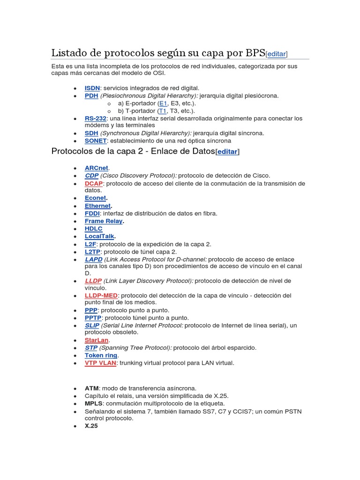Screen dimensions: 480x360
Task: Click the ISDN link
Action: tap(92, 88)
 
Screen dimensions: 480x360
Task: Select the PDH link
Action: tap(91, 96)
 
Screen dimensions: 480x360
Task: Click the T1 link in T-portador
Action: tap(163, 111)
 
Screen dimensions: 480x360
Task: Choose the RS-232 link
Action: tap(96, 119)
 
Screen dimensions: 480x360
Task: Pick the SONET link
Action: tap(96, 141)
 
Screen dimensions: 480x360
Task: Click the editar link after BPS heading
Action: tap(277, 54)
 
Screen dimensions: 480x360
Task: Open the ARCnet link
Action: tap(97, 168)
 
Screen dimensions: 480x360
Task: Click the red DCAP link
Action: tap(93, 183)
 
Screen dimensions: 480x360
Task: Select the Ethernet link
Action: tap(97, 206)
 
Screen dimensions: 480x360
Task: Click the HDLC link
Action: tap(93, 229)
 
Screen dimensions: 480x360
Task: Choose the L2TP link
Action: tap(93, 252)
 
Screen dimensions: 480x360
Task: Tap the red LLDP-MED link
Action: tap(101, 296)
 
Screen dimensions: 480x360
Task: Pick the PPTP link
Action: tap(93, 318)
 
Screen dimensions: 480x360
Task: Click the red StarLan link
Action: tap(97, 340)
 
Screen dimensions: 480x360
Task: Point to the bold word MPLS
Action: tap(92, 404)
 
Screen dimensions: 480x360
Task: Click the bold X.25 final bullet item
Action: tap(91, 426)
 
